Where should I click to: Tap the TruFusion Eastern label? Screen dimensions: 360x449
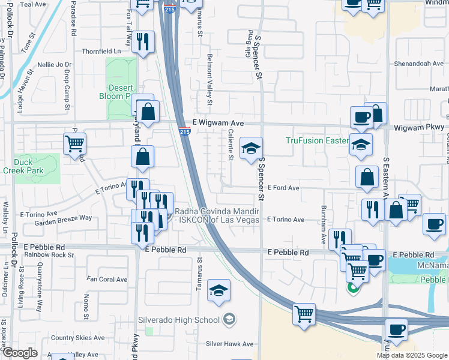point(317,141)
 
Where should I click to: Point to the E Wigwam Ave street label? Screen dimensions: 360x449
point(218,123)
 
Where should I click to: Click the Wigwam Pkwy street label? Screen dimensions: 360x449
point(420,127)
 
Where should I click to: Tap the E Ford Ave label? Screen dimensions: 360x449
point(283,188)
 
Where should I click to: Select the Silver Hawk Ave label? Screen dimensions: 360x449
point(230,344)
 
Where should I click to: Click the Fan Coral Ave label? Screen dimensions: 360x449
point(107,280)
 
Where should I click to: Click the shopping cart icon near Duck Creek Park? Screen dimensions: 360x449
point(75,143)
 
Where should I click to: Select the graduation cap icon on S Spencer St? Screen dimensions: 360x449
point(251,148)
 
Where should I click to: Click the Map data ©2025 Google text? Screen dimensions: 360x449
point(412,355)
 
